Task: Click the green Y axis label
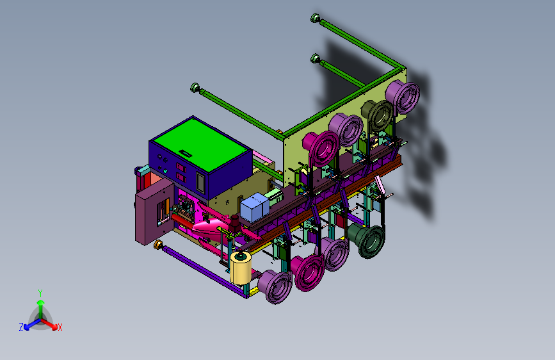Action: pos(40,293)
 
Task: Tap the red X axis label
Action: pos(60,327)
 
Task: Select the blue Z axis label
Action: pos(21,327)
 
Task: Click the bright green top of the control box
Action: pos(200,144)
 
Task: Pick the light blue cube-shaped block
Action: pos(254,207)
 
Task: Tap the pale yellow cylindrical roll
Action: pos(241,268)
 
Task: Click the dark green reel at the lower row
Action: pos(367,240)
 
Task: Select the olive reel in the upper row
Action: pos(377,115)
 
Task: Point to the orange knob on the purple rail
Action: pos(159,244)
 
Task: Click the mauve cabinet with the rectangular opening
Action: pos(154,212)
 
